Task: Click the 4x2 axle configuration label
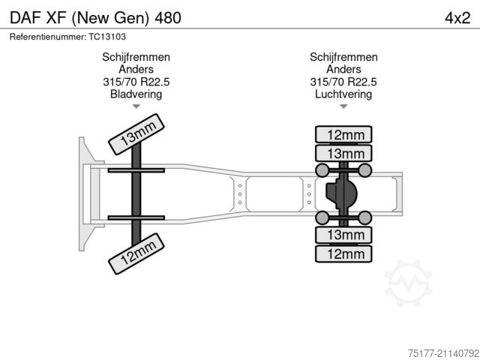(457, 18)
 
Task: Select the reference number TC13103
(107, 37)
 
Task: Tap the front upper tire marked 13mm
(136, 134)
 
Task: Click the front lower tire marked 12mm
(136, 253)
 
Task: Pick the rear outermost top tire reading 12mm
(343, 134)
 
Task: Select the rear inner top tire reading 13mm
(343, 153)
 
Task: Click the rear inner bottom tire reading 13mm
(343, 235)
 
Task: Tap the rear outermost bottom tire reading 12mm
(343, 253)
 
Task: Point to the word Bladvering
(136, 94)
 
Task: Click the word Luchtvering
(343, 94)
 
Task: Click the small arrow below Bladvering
(136, 106)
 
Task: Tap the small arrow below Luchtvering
(343, 106)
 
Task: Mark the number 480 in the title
(168, 18)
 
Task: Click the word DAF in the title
(25, 18)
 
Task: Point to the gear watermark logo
(408, 283)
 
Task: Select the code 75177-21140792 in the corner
(443, 353)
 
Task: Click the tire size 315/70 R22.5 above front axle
(136, 82)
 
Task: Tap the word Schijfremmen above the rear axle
(343, 57)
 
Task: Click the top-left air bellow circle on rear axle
(322, 170)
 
